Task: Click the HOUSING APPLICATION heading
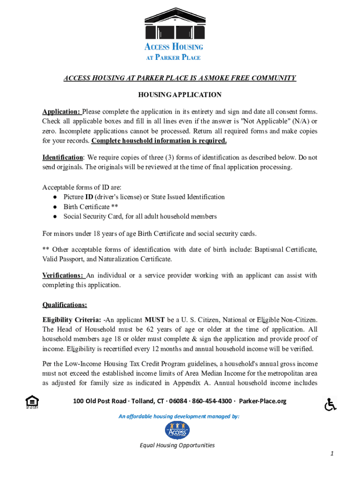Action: tap(180, 94)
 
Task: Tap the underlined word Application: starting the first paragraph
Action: tap(62, 111)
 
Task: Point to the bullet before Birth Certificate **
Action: tap(55, 207)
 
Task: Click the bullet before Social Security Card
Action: tap(55, 217)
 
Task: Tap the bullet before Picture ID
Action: tap(55, 197)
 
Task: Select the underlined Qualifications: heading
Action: tap(65, 305)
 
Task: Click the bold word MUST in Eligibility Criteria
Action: tap(154, 320)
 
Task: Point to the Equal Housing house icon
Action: tap(32, 402)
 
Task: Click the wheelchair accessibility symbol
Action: tap(331, 404)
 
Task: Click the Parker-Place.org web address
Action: tap(263, 401)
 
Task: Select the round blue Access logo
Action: tap(177, 430)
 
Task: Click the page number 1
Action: tap(331, 454)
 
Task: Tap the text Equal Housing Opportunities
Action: tap(177, 445)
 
